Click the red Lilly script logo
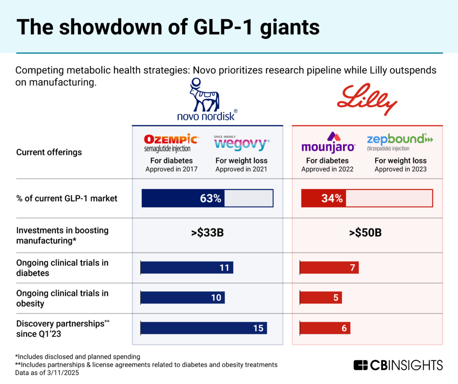(x=367, y=99)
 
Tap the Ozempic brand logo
(x=169, y=142)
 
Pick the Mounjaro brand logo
(x=328, y=142)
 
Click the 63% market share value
(x=211, y=198)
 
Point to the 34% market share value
(x=332, y=198)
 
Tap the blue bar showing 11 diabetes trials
(x=187, y=267)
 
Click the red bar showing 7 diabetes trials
(x=329, y=267)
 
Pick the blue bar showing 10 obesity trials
(x=182, y=297)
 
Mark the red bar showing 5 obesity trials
(x=321, y=297)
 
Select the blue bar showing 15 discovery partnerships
(x=204, y=328)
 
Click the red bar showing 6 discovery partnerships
(x=325, y=328)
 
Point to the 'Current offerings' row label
(x=49, y=152)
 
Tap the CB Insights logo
(x=398, y=365)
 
